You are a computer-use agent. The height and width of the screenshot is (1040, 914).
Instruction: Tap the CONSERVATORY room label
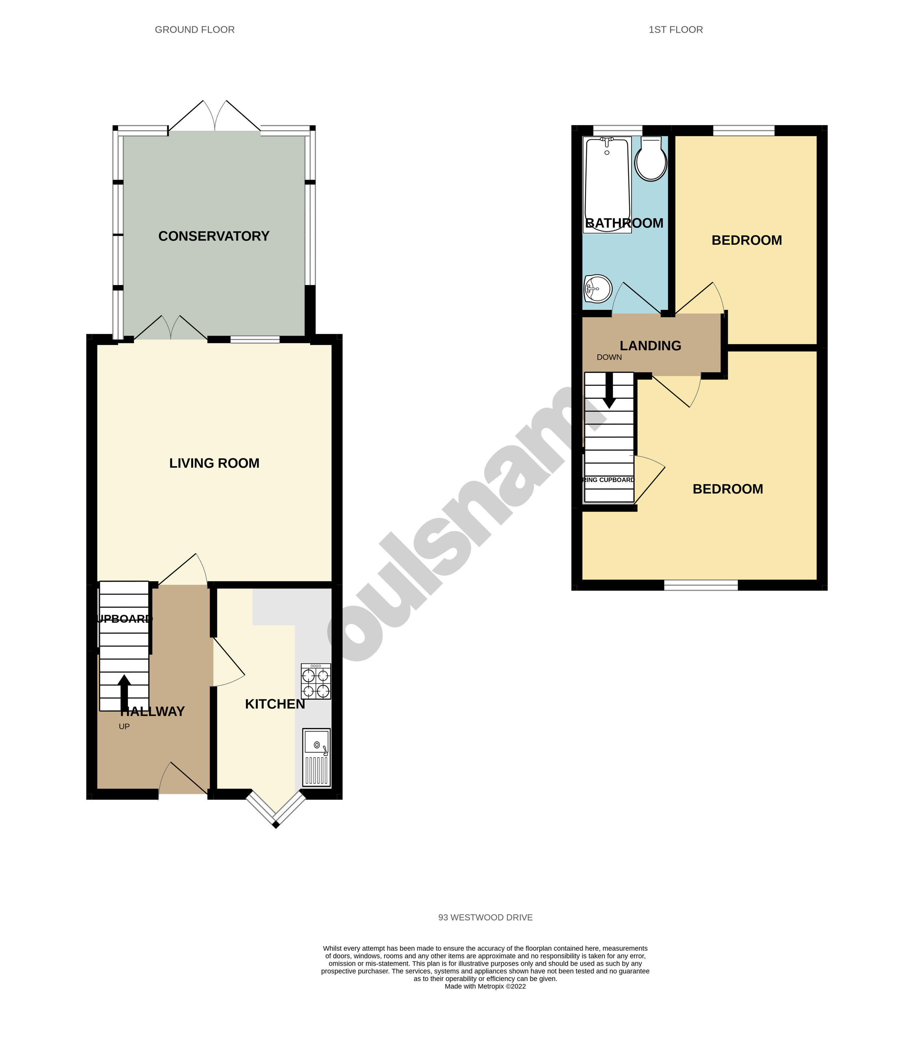coord(214,236)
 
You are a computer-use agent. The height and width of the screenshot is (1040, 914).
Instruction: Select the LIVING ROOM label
coord(214,463)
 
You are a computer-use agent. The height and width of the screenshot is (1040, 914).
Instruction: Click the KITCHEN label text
coord(275,704)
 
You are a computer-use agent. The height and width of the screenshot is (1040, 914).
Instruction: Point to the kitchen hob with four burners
coord(316,681)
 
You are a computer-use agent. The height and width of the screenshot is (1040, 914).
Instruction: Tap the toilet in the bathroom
coord(651,160)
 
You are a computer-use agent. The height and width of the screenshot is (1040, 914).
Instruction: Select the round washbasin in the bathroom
coord(598,288)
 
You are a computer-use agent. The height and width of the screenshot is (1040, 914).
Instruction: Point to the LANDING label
coord(650,346)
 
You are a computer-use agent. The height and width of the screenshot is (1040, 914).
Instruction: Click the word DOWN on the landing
coord(609,357)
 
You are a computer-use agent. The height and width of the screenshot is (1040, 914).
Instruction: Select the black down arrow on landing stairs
coord(609,391)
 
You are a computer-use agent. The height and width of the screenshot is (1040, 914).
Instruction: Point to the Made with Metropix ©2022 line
coord(485,986)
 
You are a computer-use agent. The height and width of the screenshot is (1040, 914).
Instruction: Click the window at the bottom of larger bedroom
coord(700,585)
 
